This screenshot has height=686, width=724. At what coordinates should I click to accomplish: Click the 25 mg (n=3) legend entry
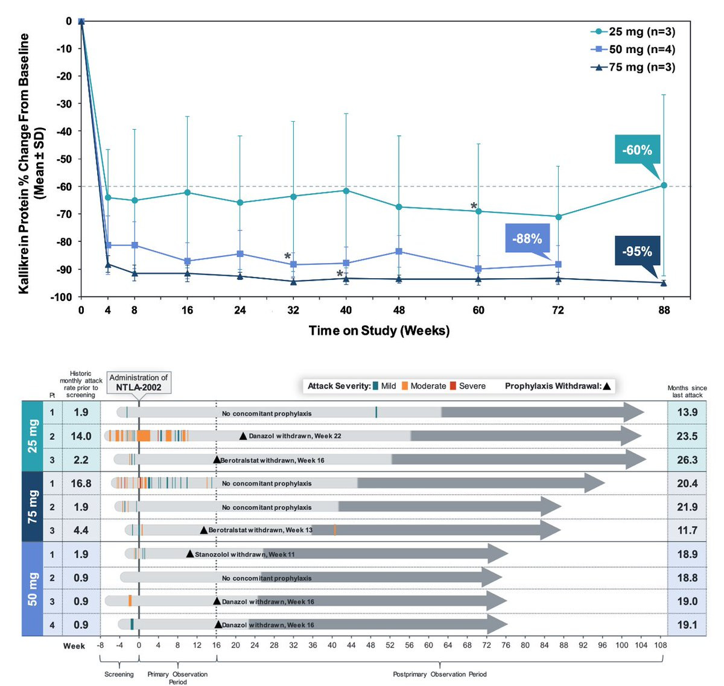point(634,32)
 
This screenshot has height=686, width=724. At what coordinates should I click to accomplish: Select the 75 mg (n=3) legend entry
point(634,67)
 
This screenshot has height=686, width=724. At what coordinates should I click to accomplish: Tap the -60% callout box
point(637,150)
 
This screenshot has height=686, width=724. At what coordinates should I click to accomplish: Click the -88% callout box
point(527,238)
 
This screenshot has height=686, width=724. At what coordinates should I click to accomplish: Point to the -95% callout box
point(637,251)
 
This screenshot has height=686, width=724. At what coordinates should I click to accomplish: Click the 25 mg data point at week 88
point(664,185)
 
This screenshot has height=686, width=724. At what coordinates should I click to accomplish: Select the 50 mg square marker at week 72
point(558,264)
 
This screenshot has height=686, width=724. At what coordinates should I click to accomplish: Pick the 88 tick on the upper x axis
point(664,310)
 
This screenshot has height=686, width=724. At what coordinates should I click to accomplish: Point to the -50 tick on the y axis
point(64,159)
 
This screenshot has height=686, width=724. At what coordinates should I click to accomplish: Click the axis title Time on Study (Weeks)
point(379,331)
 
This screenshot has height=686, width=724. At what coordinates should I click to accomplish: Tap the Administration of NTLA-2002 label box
point(139,383)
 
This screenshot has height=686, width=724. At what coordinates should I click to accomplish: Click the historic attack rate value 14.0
point(81,436)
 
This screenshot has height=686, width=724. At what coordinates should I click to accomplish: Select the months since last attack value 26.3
point(687,460)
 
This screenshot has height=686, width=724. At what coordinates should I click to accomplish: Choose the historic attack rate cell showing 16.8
point(81,483)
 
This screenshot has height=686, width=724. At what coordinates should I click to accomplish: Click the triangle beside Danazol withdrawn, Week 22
point(243,436)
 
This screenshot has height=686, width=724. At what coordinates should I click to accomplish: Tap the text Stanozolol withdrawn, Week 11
point(244,554)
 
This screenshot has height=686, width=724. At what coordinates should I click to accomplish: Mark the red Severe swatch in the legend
point(453,386)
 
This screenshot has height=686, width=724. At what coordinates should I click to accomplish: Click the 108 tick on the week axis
point(661,645)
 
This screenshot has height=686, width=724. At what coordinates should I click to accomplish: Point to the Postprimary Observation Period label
point(439,674)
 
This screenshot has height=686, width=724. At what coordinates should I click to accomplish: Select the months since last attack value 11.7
point(687,530)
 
